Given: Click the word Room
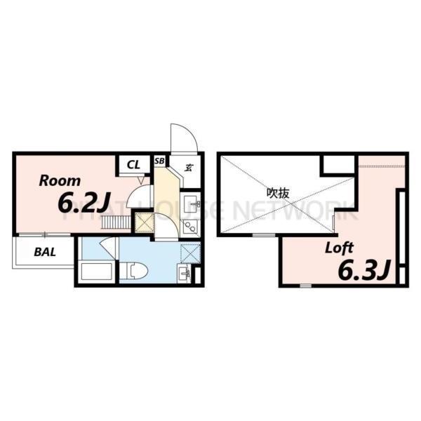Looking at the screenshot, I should coord(60,180).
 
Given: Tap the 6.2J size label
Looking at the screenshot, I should coord(82,203).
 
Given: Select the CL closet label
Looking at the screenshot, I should coord(133,166).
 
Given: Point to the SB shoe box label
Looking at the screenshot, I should coord(159,162).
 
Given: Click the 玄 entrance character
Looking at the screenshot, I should coord(189,167).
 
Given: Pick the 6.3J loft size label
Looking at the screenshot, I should coord(363,269).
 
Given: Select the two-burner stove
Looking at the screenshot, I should coord(190,227).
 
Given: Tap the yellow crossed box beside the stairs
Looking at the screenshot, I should coord(145,224).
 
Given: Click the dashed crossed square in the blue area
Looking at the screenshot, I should coord(189,253).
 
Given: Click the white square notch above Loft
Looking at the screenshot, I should coord(338,166).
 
